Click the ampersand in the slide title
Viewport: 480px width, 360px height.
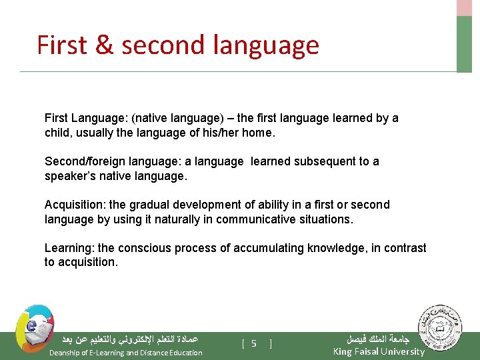pyautogui.click(x=105, y=45)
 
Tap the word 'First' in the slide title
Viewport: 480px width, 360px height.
pyautogui.click(x=62, y=45)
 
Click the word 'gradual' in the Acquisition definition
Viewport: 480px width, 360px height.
pyautogui.click(x=133, y=205)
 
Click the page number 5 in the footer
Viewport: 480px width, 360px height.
pyautogui.click(x=254, y=343)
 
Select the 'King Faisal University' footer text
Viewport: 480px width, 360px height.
pyautogui.click(x=378, y=351)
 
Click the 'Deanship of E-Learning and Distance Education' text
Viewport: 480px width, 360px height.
pyautogui.click(x=126, y=353)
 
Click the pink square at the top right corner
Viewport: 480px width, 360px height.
pyautogui.click(x=464, y=7)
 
